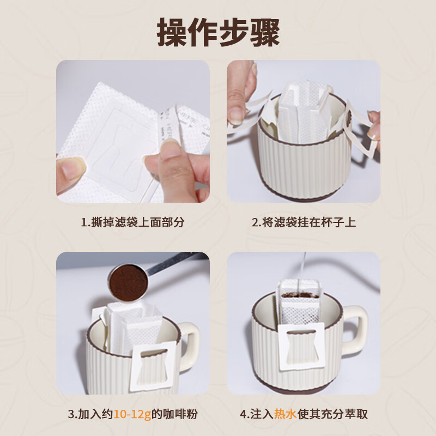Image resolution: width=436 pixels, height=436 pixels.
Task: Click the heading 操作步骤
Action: pyautogui.click(x=218, y=32)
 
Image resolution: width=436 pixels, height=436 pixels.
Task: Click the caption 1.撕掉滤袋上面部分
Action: pyautogui.click(x=132, y=222)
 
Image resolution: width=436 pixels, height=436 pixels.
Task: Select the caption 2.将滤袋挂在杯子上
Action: pyautogui.click(x=304, y=222)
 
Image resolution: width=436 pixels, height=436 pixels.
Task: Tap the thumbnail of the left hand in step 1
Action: pyautogui.click(x=70, y=169)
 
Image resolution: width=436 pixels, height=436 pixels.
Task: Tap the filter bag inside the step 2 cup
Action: pyautogui.click(x=305, y=106)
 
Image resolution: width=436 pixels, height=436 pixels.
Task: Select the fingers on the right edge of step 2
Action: pyautogui.click(x=373, y=125)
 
